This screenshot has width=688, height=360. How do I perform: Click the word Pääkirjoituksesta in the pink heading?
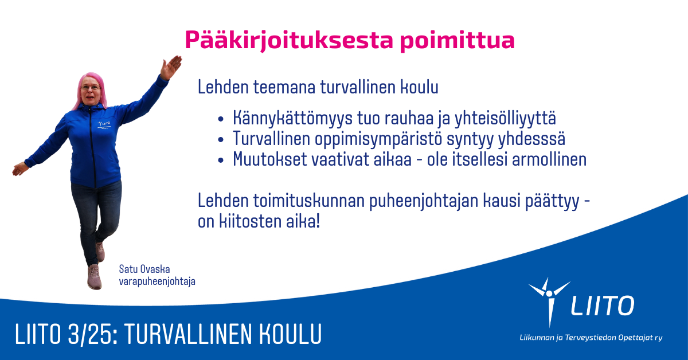[289, 41]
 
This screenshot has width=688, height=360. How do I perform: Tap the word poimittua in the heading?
[458, 41]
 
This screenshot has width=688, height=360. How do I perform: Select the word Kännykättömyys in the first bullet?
[292, 118]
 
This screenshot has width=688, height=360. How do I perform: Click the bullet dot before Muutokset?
[221, 161]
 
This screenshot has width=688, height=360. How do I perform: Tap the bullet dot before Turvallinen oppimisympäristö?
[221, 140]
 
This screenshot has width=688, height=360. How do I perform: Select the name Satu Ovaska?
[144, 269]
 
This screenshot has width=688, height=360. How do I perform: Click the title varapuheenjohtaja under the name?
[157, 281]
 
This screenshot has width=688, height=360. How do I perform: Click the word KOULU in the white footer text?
[290, 334]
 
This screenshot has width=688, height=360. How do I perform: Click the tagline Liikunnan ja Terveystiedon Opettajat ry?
[591, 338]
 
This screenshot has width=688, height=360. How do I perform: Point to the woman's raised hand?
[171, 67]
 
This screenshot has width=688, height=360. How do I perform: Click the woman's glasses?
[91, 88]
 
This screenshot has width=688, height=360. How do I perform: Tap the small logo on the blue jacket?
[104, 125]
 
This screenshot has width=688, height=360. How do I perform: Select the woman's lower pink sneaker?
[95, 277]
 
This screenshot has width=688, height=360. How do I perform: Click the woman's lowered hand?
[20, 169]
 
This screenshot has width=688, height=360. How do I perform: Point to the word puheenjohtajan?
[424, 201]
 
